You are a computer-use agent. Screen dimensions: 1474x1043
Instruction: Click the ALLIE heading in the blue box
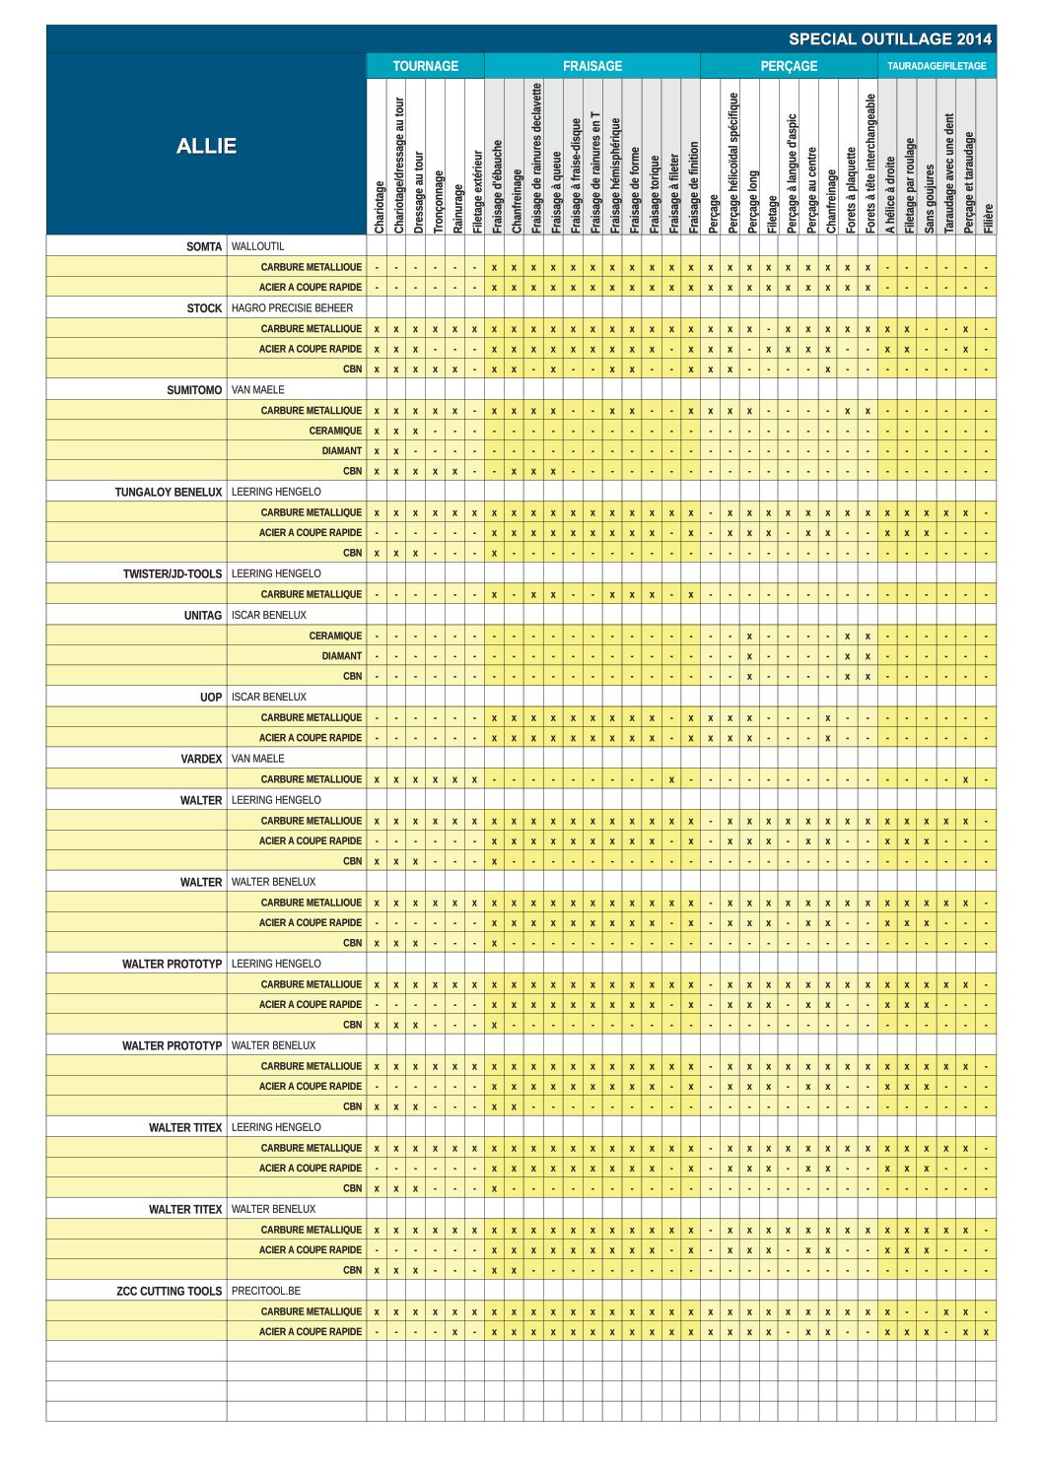click(206, 146)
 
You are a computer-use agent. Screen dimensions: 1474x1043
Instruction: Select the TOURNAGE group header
click(425, 66)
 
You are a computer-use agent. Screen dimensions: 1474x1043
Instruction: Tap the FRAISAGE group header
click(591, 66)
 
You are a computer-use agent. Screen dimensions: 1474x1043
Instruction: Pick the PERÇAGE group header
click(789, 66)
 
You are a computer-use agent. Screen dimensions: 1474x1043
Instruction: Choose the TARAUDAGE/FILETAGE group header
click(936, 66)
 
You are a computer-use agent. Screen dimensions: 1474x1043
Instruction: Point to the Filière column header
click(989, 217)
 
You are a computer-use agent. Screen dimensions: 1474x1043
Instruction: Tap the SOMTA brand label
click(204, 246)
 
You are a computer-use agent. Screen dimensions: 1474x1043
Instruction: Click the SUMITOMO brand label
click(194, 390)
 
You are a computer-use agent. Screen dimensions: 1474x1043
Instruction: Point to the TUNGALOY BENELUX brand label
click(169, 493)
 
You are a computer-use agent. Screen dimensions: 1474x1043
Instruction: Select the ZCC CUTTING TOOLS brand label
click(170, 1291)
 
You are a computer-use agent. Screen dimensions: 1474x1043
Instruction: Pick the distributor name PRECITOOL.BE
click(266, 1291)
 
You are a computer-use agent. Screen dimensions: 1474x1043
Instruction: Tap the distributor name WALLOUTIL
click(257, 246)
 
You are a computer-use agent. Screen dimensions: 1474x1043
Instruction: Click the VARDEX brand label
click(201, 759)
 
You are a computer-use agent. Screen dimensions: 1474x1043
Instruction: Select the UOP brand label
click(211, 697)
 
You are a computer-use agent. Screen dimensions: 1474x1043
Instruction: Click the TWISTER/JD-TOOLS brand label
click(173, 573)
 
